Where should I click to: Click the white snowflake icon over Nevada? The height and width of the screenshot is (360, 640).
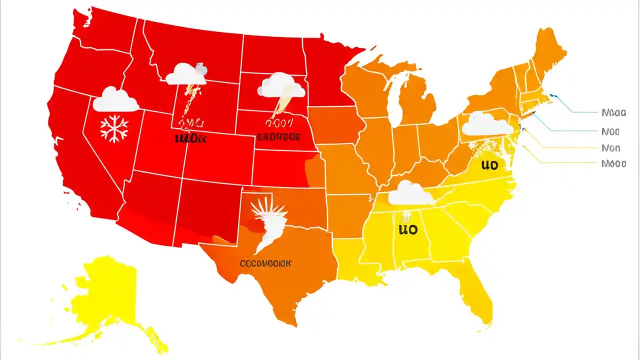pos(114,128)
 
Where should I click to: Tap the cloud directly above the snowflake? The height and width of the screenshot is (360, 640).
pos(115,100)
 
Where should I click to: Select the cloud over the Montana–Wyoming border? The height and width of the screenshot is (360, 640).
pos(186,75)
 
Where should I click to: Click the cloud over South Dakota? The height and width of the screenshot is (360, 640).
pos(281,86)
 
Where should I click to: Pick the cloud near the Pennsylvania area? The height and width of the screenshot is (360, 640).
pos(487,124)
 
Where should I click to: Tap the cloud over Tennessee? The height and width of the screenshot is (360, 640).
pos(411,194)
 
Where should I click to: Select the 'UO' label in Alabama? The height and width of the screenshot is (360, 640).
pos(407,229)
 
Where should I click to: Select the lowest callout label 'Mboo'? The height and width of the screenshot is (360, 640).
pos(613,163)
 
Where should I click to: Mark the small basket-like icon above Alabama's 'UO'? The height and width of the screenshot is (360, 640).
pos(406,217)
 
